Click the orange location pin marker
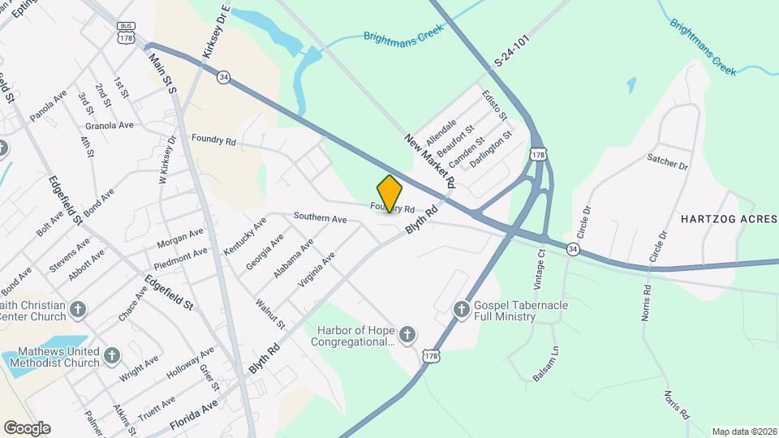click(389, 193)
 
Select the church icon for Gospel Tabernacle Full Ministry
click(462, 308)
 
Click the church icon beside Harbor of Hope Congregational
click(407, 333)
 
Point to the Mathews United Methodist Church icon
click(112, 354)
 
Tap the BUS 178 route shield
click(126, 32)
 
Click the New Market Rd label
click(427, 163)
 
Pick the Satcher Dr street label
click(667, 161)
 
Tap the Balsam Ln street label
click(546, 363)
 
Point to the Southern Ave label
click(321, 218)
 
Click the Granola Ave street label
click(110, 125)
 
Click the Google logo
click(27, 427)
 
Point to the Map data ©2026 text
click(743, 432)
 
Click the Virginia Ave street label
click(316, 271)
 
